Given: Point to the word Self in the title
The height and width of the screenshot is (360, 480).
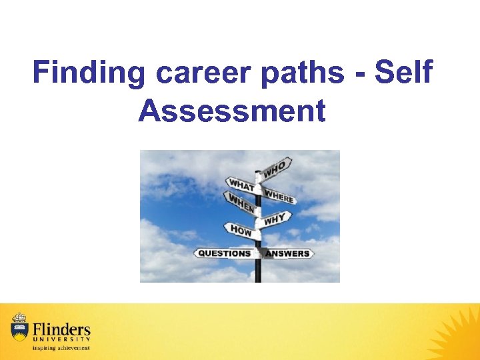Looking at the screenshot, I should (404, 72).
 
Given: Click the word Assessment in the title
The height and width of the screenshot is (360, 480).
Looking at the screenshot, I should (232, 110).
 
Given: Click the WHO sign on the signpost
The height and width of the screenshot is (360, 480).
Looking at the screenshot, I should (274, 169).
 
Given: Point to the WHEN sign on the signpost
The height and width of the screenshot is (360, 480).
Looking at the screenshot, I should (241, 203).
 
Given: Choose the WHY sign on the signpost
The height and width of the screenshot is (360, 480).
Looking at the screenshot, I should (275, 219).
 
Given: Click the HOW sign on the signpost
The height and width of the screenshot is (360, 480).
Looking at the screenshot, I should (241, 231).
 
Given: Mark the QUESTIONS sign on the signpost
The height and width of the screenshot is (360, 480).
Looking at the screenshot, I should (224, 253).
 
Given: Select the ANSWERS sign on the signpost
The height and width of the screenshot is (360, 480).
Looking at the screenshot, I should (287, 253).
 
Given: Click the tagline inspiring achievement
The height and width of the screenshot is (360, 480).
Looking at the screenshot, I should (61, 348).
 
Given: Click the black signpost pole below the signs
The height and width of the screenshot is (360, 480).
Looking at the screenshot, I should (258, 271).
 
